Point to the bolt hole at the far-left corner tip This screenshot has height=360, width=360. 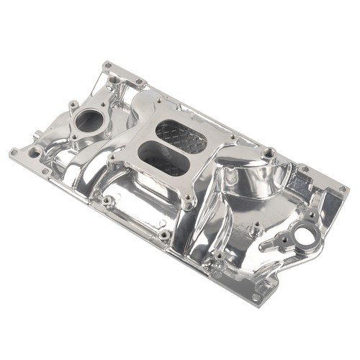coord(14,152)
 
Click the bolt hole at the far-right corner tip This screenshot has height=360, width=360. coord(343,189)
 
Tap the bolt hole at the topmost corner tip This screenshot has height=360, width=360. coord(108,66)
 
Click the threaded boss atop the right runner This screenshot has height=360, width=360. coord(269,152)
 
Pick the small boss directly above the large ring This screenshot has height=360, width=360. coord(310,215)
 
